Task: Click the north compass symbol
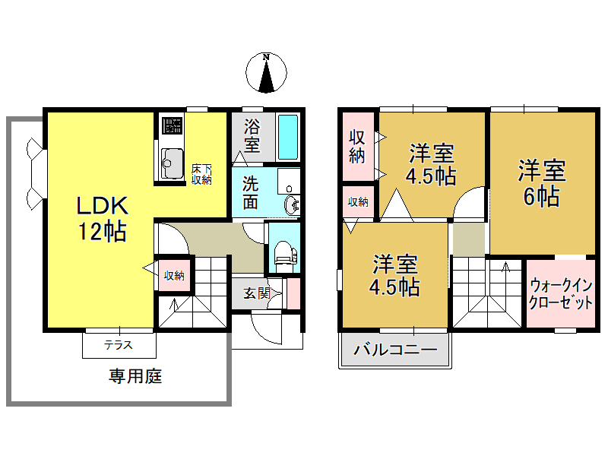click(x=266, y=74)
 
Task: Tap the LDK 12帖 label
click(x=100, y=218)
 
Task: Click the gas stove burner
click(x=172, y=125)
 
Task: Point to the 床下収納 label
click(x=201, y=174)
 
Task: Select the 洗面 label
click(x=252, y=193)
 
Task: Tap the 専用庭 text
click(x=135, y=376)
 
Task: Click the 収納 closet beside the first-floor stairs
click(x=174, y=276)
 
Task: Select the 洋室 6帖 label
click(x=541, y=182)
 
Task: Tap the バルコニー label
click(x=395, y=351)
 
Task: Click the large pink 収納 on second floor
click(x=357, y=147)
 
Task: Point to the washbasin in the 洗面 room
click(x=290, y=204)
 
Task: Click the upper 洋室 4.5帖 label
click(x=432, y=164)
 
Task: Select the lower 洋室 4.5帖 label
click(x=394, y=275)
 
